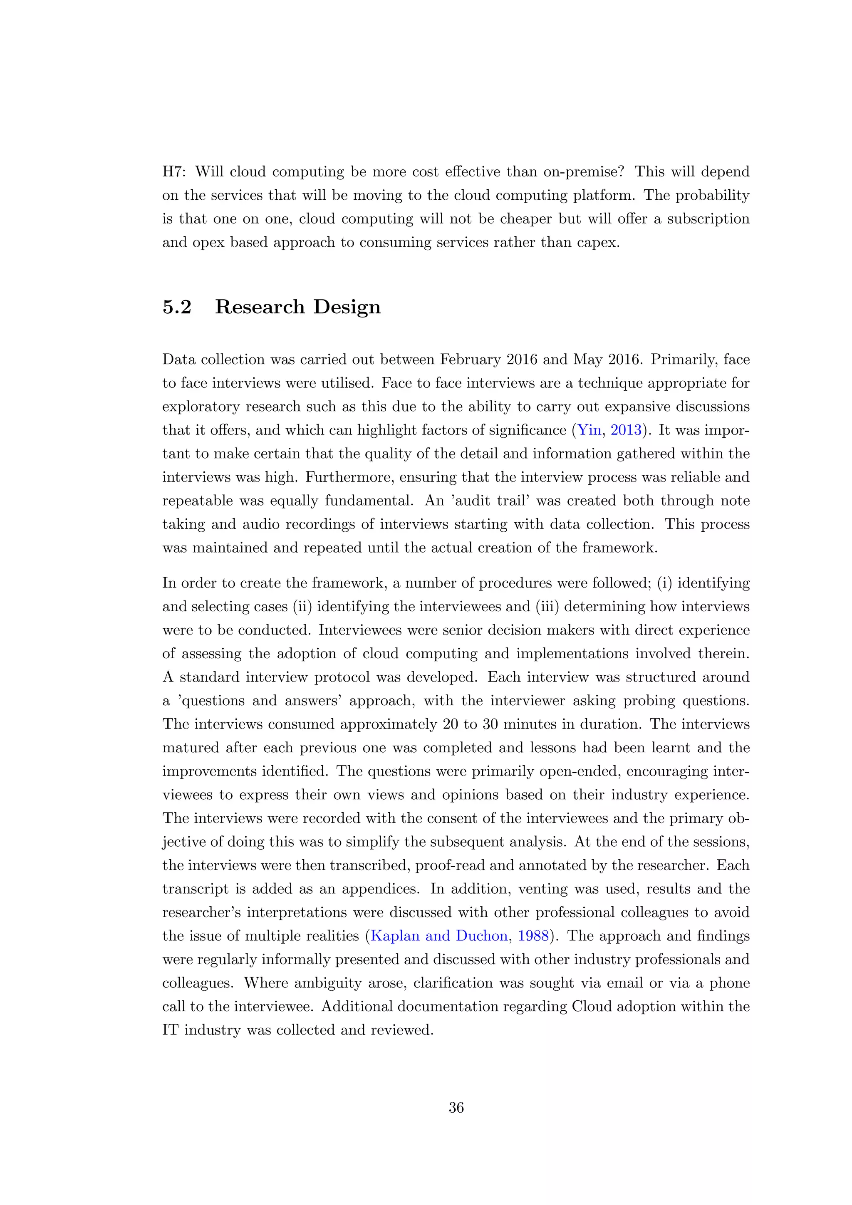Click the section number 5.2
click(177, 307)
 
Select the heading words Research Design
click(297, 307)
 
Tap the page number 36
click(456, 1107)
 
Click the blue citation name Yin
click(589, 430)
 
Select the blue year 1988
click(533, 936)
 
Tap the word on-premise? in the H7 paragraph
click(575, 171)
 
